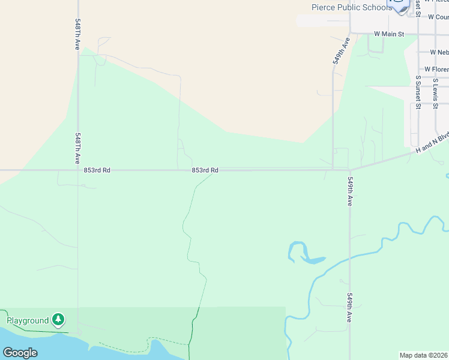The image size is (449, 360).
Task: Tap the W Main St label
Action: pyautogui.click(x=389, y=34)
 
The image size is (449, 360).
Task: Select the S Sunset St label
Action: pyautogui.click(x=417, y=92)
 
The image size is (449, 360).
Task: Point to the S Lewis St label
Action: pyautogui.click(x=435, y=93)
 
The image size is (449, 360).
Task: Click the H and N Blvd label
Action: pyautogui.click(x=432, y=143)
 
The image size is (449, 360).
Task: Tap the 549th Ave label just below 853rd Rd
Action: pyautogui.click(x=350, y=191)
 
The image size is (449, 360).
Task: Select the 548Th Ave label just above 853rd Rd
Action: pyautogui.click(x=78, y=149)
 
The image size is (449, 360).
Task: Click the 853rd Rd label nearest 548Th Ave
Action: pyautogui.click(x=97, y=170)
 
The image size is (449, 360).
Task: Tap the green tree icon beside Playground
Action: pyautogui.click(x=58, y=320)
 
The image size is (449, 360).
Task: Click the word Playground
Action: pyautogui.click(x=28, y=320)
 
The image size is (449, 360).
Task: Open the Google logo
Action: pyautogui.click(x=20, y=352)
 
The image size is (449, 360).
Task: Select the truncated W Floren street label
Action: pyautogui.click(x=436, y=70)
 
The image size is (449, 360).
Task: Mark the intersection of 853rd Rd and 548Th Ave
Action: pyautogui.click(x=78, y=170)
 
